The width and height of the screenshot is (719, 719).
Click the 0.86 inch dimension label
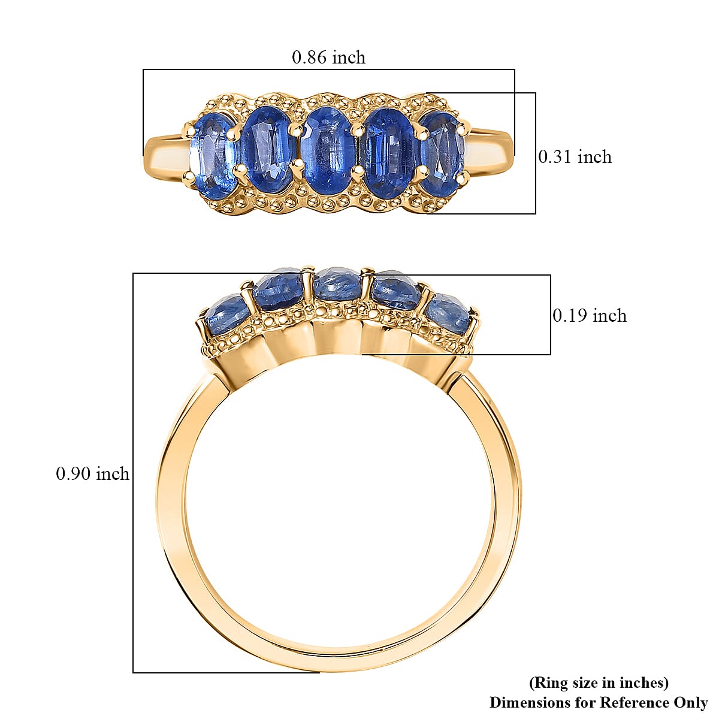(x=328, y=58)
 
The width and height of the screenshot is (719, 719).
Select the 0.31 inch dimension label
(x=575, y=157)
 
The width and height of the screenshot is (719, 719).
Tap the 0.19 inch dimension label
(x=590, y=316)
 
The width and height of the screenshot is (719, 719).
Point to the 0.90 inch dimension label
(x=93, y=474)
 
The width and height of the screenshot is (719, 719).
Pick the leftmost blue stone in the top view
(x=212, y=155)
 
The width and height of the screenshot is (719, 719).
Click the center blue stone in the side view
(x=337, y=285)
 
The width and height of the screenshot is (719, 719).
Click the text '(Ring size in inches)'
(x=599, y=682)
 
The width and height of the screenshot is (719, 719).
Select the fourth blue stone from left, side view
(x=395, y=291)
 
